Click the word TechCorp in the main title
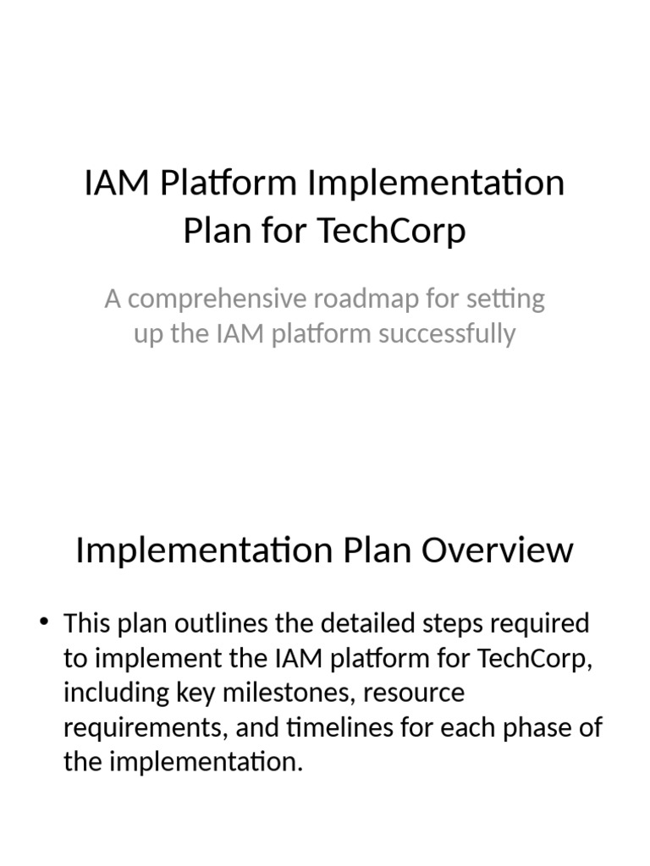(x=392, y=230)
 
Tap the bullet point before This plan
(x=45, y=624)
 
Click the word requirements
(x=142, y=728)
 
